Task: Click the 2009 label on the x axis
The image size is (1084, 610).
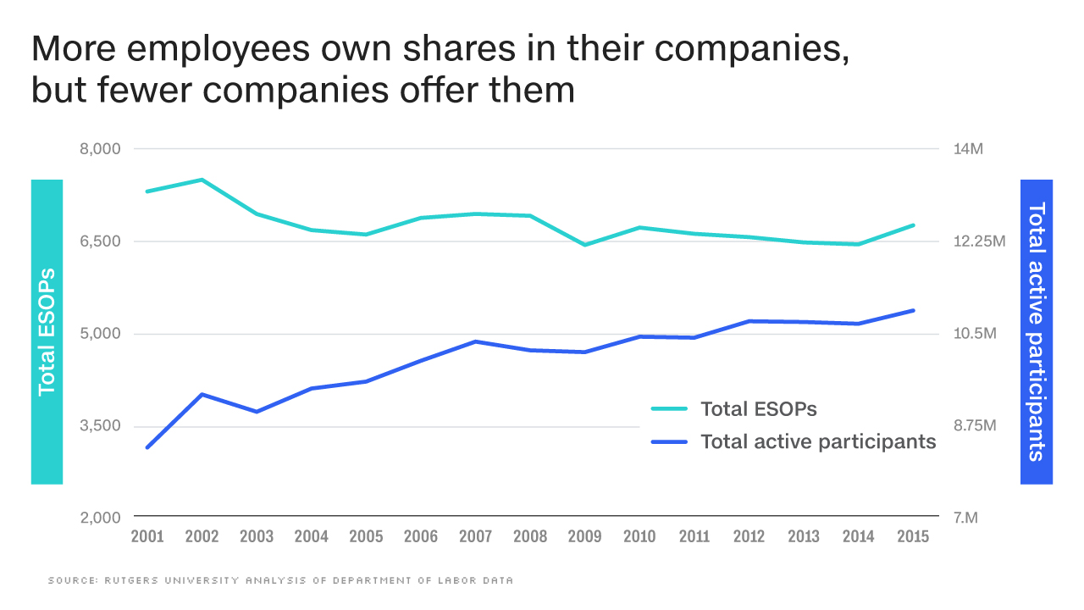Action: point(584,536)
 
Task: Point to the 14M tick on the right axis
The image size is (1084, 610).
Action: point(967,149)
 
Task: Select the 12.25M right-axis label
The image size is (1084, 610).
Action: point(978,241)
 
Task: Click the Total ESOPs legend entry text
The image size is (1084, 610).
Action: point(758,408)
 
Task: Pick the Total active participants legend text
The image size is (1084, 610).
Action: point(818,441)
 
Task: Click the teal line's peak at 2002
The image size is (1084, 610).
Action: point(202,180)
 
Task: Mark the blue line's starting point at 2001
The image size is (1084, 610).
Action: point(147,447)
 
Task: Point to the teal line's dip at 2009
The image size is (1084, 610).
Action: point(584,245)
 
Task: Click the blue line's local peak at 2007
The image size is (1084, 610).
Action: point(475,341)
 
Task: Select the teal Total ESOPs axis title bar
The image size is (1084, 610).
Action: point(47,332)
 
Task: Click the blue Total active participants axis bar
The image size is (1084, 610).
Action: point(1037,332)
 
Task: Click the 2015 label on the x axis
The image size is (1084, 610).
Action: point(913,536)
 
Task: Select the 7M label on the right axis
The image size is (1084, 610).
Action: point(965,518)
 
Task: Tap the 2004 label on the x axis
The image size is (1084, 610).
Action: point(311,536)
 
